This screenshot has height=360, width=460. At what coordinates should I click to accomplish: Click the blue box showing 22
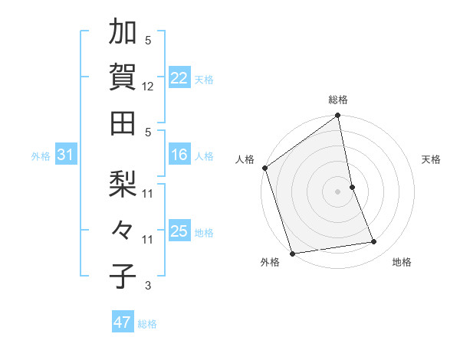tap(179, 77)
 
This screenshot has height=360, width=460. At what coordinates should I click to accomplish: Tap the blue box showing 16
tap(179, 155)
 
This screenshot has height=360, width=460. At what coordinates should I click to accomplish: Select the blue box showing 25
tap(179, 231)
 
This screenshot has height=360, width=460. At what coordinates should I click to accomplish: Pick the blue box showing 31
tap(66, 155)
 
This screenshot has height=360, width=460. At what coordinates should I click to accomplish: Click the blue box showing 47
tap(122, 322)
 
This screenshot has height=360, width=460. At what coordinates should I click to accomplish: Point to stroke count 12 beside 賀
tap(148, 87)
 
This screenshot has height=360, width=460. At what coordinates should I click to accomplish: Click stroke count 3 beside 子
tap(148, 286)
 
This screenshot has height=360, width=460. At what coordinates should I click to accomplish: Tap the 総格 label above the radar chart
tap(338, 100)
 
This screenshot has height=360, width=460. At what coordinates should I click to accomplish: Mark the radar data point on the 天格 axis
tap(352, 187)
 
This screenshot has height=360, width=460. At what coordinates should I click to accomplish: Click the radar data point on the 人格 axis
tap(264, 168)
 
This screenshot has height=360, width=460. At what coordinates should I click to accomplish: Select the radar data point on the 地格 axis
tap(374, 242)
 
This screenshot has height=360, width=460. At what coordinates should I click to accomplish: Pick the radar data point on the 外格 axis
tap(292, 254)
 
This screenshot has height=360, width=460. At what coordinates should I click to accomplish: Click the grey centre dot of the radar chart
tap(338, 191)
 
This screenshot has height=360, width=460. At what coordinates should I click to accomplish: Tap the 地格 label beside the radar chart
tap(402, 263)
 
